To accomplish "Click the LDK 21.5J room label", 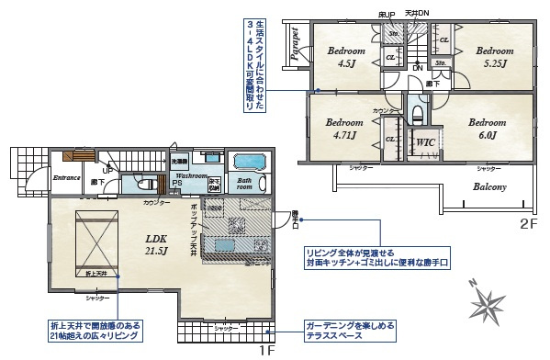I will [154, 243].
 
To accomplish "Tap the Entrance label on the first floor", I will [68, 176].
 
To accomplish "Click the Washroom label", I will [192, 174].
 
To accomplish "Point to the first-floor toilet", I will [147, 184].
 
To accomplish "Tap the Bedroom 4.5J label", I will [347, 58].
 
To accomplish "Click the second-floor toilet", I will [417, 114].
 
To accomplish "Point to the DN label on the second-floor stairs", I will [417, 69].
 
